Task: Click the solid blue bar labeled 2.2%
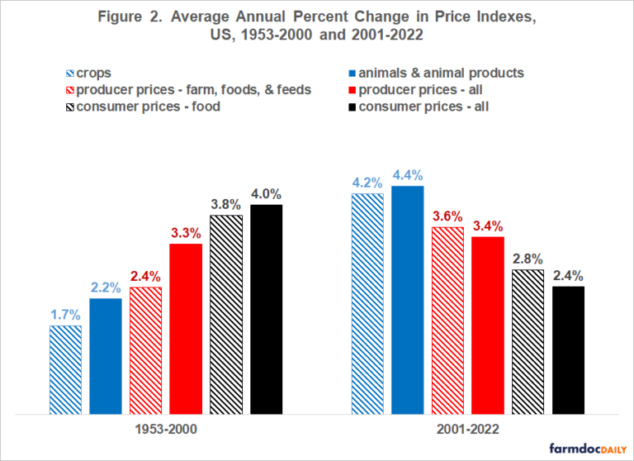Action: point(106,355)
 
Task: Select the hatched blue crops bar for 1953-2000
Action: point(65,368)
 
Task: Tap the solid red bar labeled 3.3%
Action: point(186,328)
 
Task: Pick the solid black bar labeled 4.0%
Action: point(266,308)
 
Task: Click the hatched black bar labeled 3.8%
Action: point(226,314)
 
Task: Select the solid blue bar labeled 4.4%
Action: point(408,299)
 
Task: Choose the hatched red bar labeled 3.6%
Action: point(447,319)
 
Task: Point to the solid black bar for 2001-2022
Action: point(568,349)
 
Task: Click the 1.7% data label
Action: point(65,314)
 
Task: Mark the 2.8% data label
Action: point(528,259)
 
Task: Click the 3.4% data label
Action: point(488,226)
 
